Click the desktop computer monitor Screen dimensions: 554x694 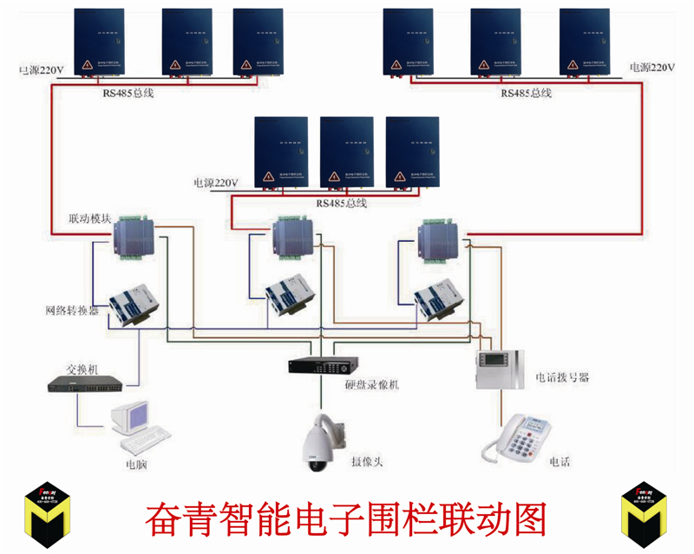(133, 416)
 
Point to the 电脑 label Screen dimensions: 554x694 (136, 464)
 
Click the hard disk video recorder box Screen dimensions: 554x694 (320, 365)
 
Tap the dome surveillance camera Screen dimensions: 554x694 (322, 442)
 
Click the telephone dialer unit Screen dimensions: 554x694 (501, 369)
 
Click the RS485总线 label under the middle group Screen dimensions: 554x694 (341, 203)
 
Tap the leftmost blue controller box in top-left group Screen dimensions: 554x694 (98, 41)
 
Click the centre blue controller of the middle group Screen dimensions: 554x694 (346, 153)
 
